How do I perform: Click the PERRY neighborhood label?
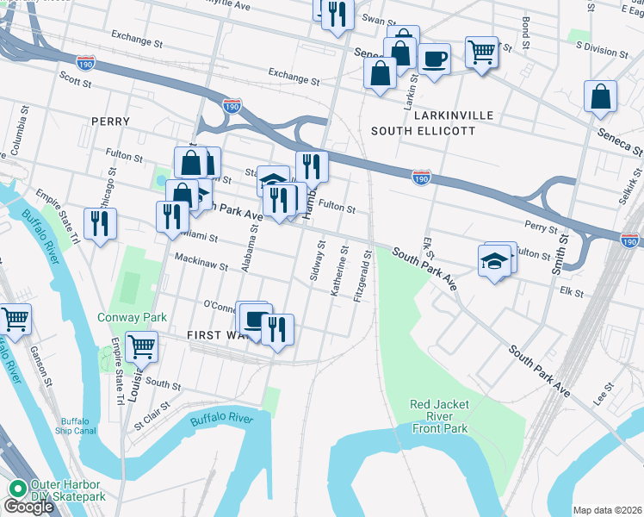click(109, 121)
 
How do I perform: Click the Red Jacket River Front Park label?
click(438, 416)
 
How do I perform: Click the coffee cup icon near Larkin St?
click(435, 59)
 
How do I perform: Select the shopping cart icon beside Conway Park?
click(141, 346)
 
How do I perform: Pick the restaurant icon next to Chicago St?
click(101, 223)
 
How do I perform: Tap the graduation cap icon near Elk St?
click(495, 261)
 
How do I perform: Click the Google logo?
click(28, 507)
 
